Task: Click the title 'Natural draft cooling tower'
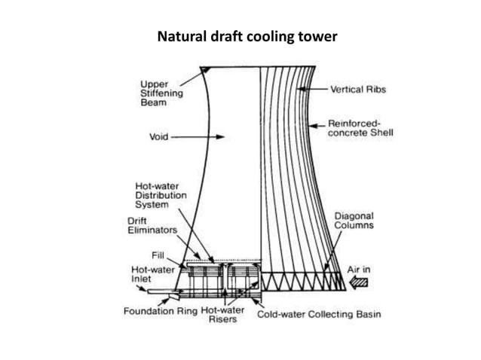(x=240, y=35)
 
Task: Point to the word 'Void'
(x=158, y=138)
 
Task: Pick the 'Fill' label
(x=148, y=255)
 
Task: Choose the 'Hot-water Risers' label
(x=222, y=314)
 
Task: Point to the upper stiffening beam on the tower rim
(x=204, y=70)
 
